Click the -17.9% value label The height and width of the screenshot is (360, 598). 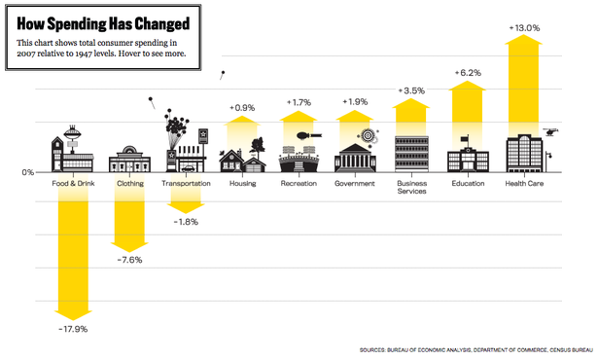click(73, 329)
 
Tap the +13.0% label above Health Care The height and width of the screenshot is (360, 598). click(524, 28)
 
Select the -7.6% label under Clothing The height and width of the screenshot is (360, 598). click(129, 260)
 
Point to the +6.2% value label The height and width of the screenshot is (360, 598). click(468, 73)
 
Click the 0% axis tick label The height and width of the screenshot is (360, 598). click(28, 172)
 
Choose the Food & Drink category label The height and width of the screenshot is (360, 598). click(73, 183)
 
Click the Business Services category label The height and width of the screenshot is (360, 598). click(412, 187)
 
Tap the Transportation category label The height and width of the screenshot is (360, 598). click(186, 183)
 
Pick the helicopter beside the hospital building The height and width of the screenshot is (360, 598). click(550, 132)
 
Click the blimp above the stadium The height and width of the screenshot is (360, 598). click(309, 135)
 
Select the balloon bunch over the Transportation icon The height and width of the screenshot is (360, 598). click(175, 125)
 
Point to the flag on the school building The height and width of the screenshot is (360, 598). click(465, 138)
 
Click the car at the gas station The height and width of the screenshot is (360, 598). click(188, 168)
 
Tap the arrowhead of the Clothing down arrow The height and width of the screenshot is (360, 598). click(129, 247)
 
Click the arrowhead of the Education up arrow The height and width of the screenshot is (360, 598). click(467, 85)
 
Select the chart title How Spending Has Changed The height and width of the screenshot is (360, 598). click(103, 23)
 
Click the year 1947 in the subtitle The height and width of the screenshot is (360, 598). click(84, 54)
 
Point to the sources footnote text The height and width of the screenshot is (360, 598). click(475, 349)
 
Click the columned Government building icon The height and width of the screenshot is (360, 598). click(355, 158)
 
